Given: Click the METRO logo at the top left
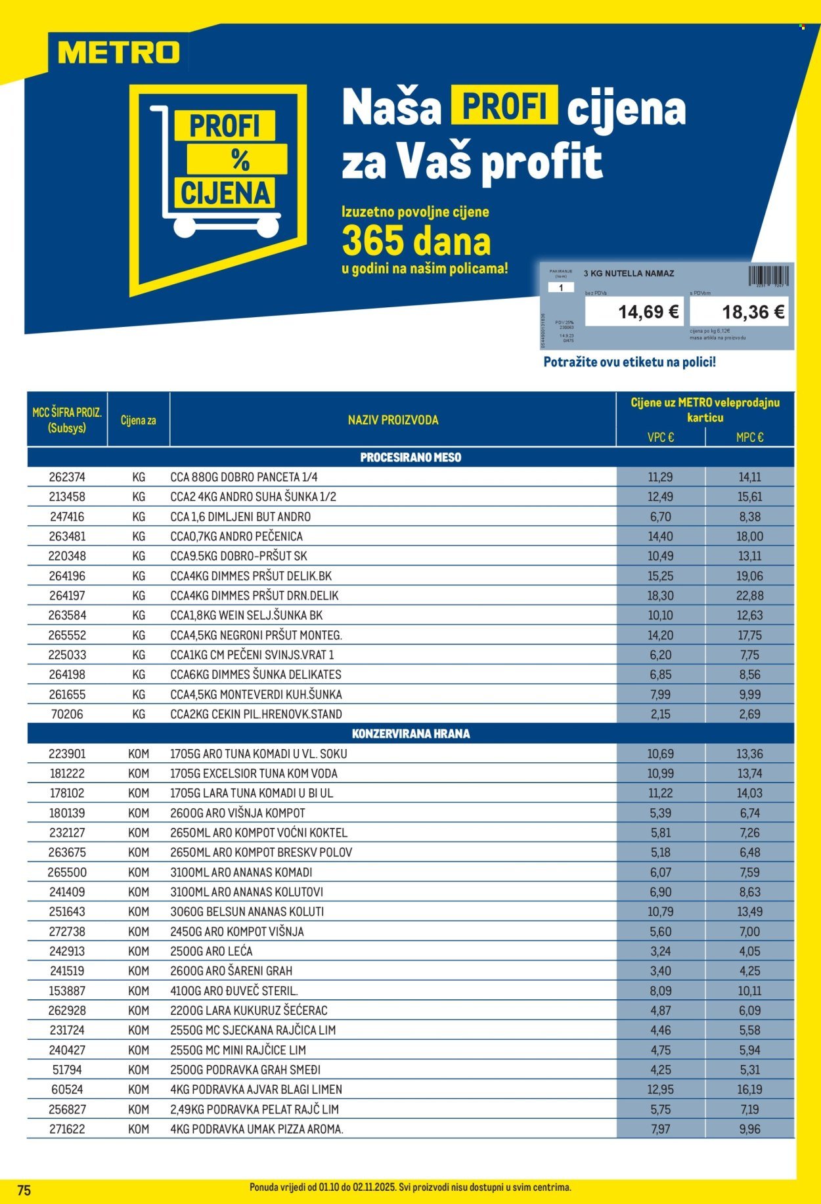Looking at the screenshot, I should click(119, 53).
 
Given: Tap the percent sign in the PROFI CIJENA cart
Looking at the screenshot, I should click(240, 160).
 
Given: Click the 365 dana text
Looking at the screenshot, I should click(416, 242).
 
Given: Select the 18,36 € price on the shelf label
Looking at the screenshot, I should click(753, 312).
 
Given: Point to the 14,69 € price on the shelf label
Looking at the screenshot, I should click(648, 312).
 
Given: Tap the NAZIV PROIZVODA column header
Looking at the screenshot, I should click(393, 420).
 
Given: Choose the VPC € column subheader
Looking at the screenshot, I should click(660, 437).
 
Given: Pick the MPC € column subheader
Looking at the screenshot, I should click(749, 437).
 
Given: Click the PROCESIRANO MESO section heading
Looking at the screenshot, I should click(411, 458).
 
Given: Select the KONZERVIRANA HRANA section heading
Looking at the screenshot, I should click(411, 734).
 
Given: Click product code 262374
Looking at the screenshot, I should click(67, 477).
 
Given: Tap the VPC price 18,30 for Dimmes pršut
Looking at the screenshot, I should click(661, 595).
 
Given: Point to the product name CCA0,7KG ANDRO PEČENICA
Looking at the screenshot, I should click(236, 536).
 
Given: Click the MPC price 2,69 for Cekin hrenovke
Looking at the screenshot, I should click(749, 714).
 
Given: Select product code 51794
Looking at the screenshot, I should click(67, 1069).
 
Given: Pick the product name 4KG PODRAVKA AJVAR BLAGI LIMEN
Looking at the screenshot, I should click(256, 1089).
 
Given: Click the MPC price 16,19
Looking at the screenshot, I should click(749, 1089).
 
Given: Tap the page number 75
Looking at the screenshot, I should click(24, 1190).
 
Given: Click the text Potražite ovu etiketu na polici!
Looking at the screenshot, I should click(629, 362).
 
